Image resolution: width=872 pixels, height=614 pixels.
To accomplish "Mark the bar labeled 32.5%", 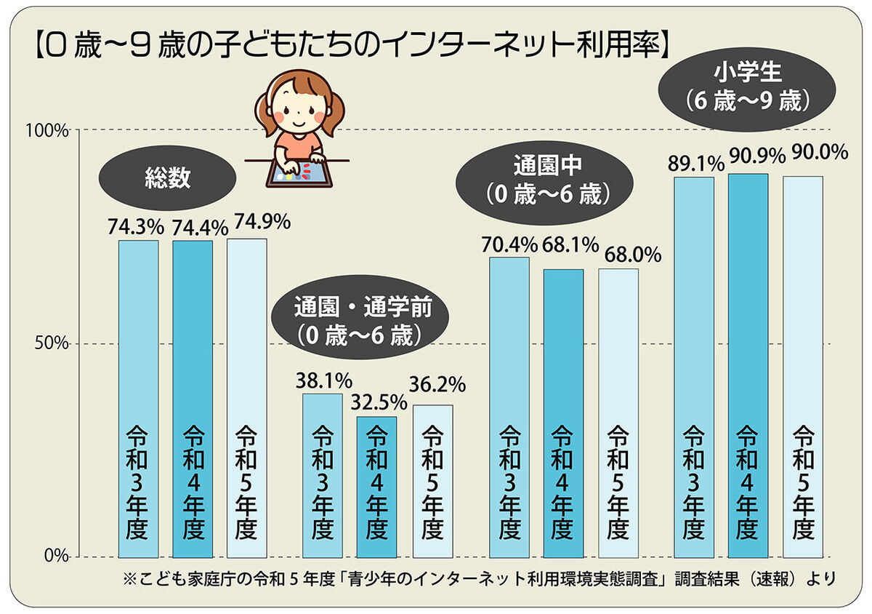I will [x=376, y=487].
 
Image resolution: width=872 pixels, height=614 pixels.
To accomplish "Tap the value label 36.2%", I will [x=438, y=383].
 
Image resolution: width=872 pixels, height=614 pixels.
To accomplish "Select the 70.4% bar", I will [x=509, y=407].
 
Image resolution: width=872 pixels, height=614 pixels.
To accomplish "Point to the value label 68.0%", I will [x=633, y=255].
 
